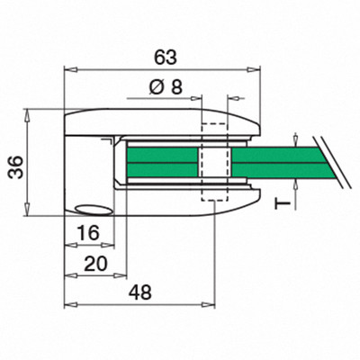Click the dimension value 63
tap(166, 58)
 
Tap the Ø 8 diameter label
tap(166, 87)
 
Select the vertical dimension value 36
tap(15, 166)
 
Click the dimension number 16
tap(88, 233)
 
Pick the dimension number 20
tap(95, 264)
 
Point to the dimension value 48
tap(140, 292)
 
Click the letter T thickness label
tap(283, 204)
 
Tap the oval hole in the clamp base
tap(94, 210)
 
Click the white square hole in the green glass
tap(215, 162)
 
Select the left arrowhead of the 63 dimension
tap(70, 70)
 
